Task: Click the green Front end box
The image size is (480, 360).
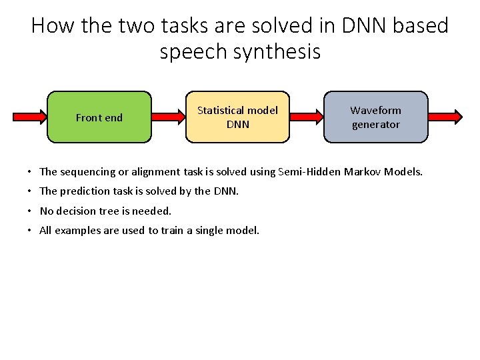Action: pos(99,117)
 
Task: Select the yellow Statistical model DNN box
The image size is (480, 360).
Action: pos(237,117)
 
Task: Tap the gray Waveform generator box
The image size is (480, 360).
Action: pos(376,117)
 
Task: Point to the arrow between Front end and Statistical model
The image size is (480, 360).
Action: pos(169,117)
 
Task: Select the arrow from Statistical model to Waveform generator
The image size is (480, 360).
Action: pos(307,117)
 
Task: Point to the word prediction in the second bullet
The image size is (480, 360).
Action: pos(84,191)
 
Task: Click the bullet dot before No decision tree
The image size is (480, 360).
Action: pos(31,211)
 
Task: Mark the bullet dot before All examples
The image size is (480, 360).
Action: pos(31,231)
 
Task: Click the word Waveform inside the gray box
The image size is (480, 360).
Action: pos(376,110)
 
